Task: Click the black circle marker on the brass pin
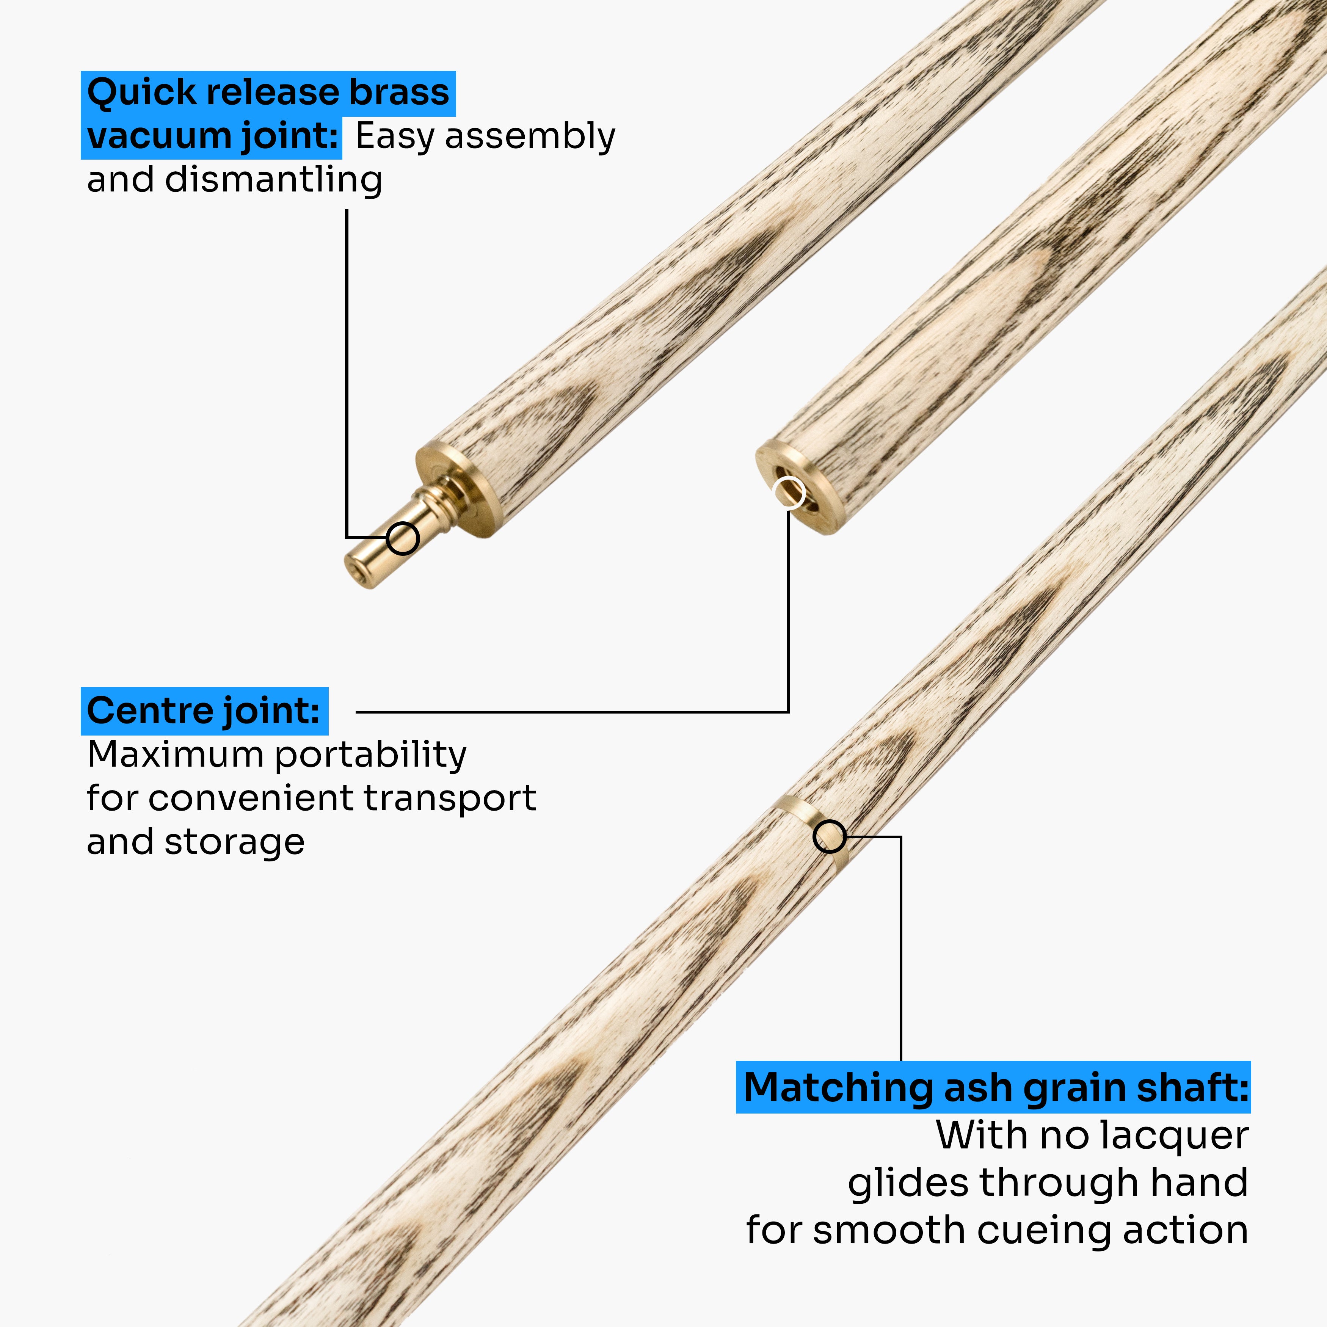click(403, 538)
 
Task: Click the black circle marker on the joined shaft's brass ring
click(829, 837)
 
